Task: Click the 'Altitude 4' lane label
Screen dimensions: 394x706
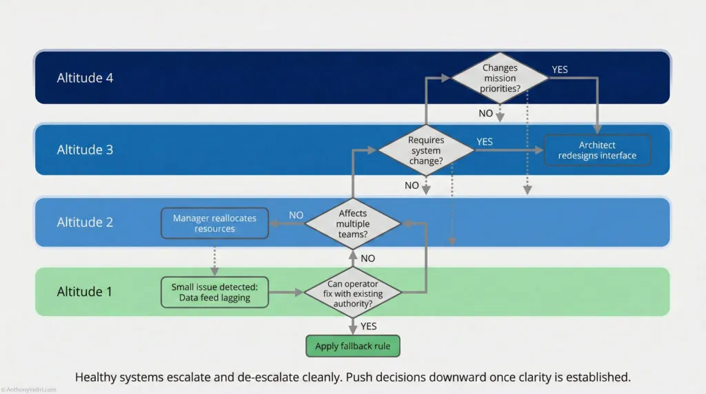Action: (85, 78)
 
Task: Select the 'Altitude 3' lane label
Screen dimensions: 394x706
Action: (85, 149)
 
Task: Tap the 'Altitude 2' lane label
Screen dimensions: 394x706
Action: (85, 222)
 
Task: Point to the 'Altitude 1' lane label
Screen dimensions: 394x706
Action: (85, 291)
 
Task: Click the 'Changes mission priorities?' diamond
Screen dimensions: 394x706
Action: (500, 78)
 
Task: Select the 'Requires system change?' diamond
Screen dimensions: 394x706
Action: (426, 150)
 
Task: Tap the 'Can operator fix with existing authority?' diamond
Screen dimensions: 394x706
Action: (353, 292)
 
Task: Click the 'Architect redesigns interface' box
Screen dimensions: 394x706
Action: (597, 150)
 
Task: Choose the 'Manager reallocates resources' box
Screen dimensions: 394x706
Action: (214, 223)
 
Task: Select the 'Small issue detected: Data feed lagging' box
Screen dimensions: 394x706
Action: (214, 292)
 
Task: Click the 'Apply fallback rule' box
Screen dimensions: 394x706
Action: (352, 346)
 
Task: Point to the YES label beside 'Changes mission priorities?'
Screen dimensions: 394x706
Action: (561, 70)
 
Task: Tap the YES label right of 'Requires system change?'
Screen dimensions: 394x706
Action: (485, 141)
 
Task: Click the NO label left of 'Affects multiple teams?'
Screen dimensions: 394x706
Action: (296, 215)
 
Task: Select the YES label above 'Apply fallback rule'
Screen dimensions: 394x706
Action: (369, 326)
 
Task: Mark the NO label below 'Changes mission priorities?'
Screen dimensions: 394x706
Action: (486, 113)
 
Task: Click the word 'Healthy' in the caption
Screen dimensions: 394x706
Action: (96, 377)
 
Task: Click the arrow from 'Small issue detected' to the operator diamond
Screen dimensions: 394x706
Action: (285, 292)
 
